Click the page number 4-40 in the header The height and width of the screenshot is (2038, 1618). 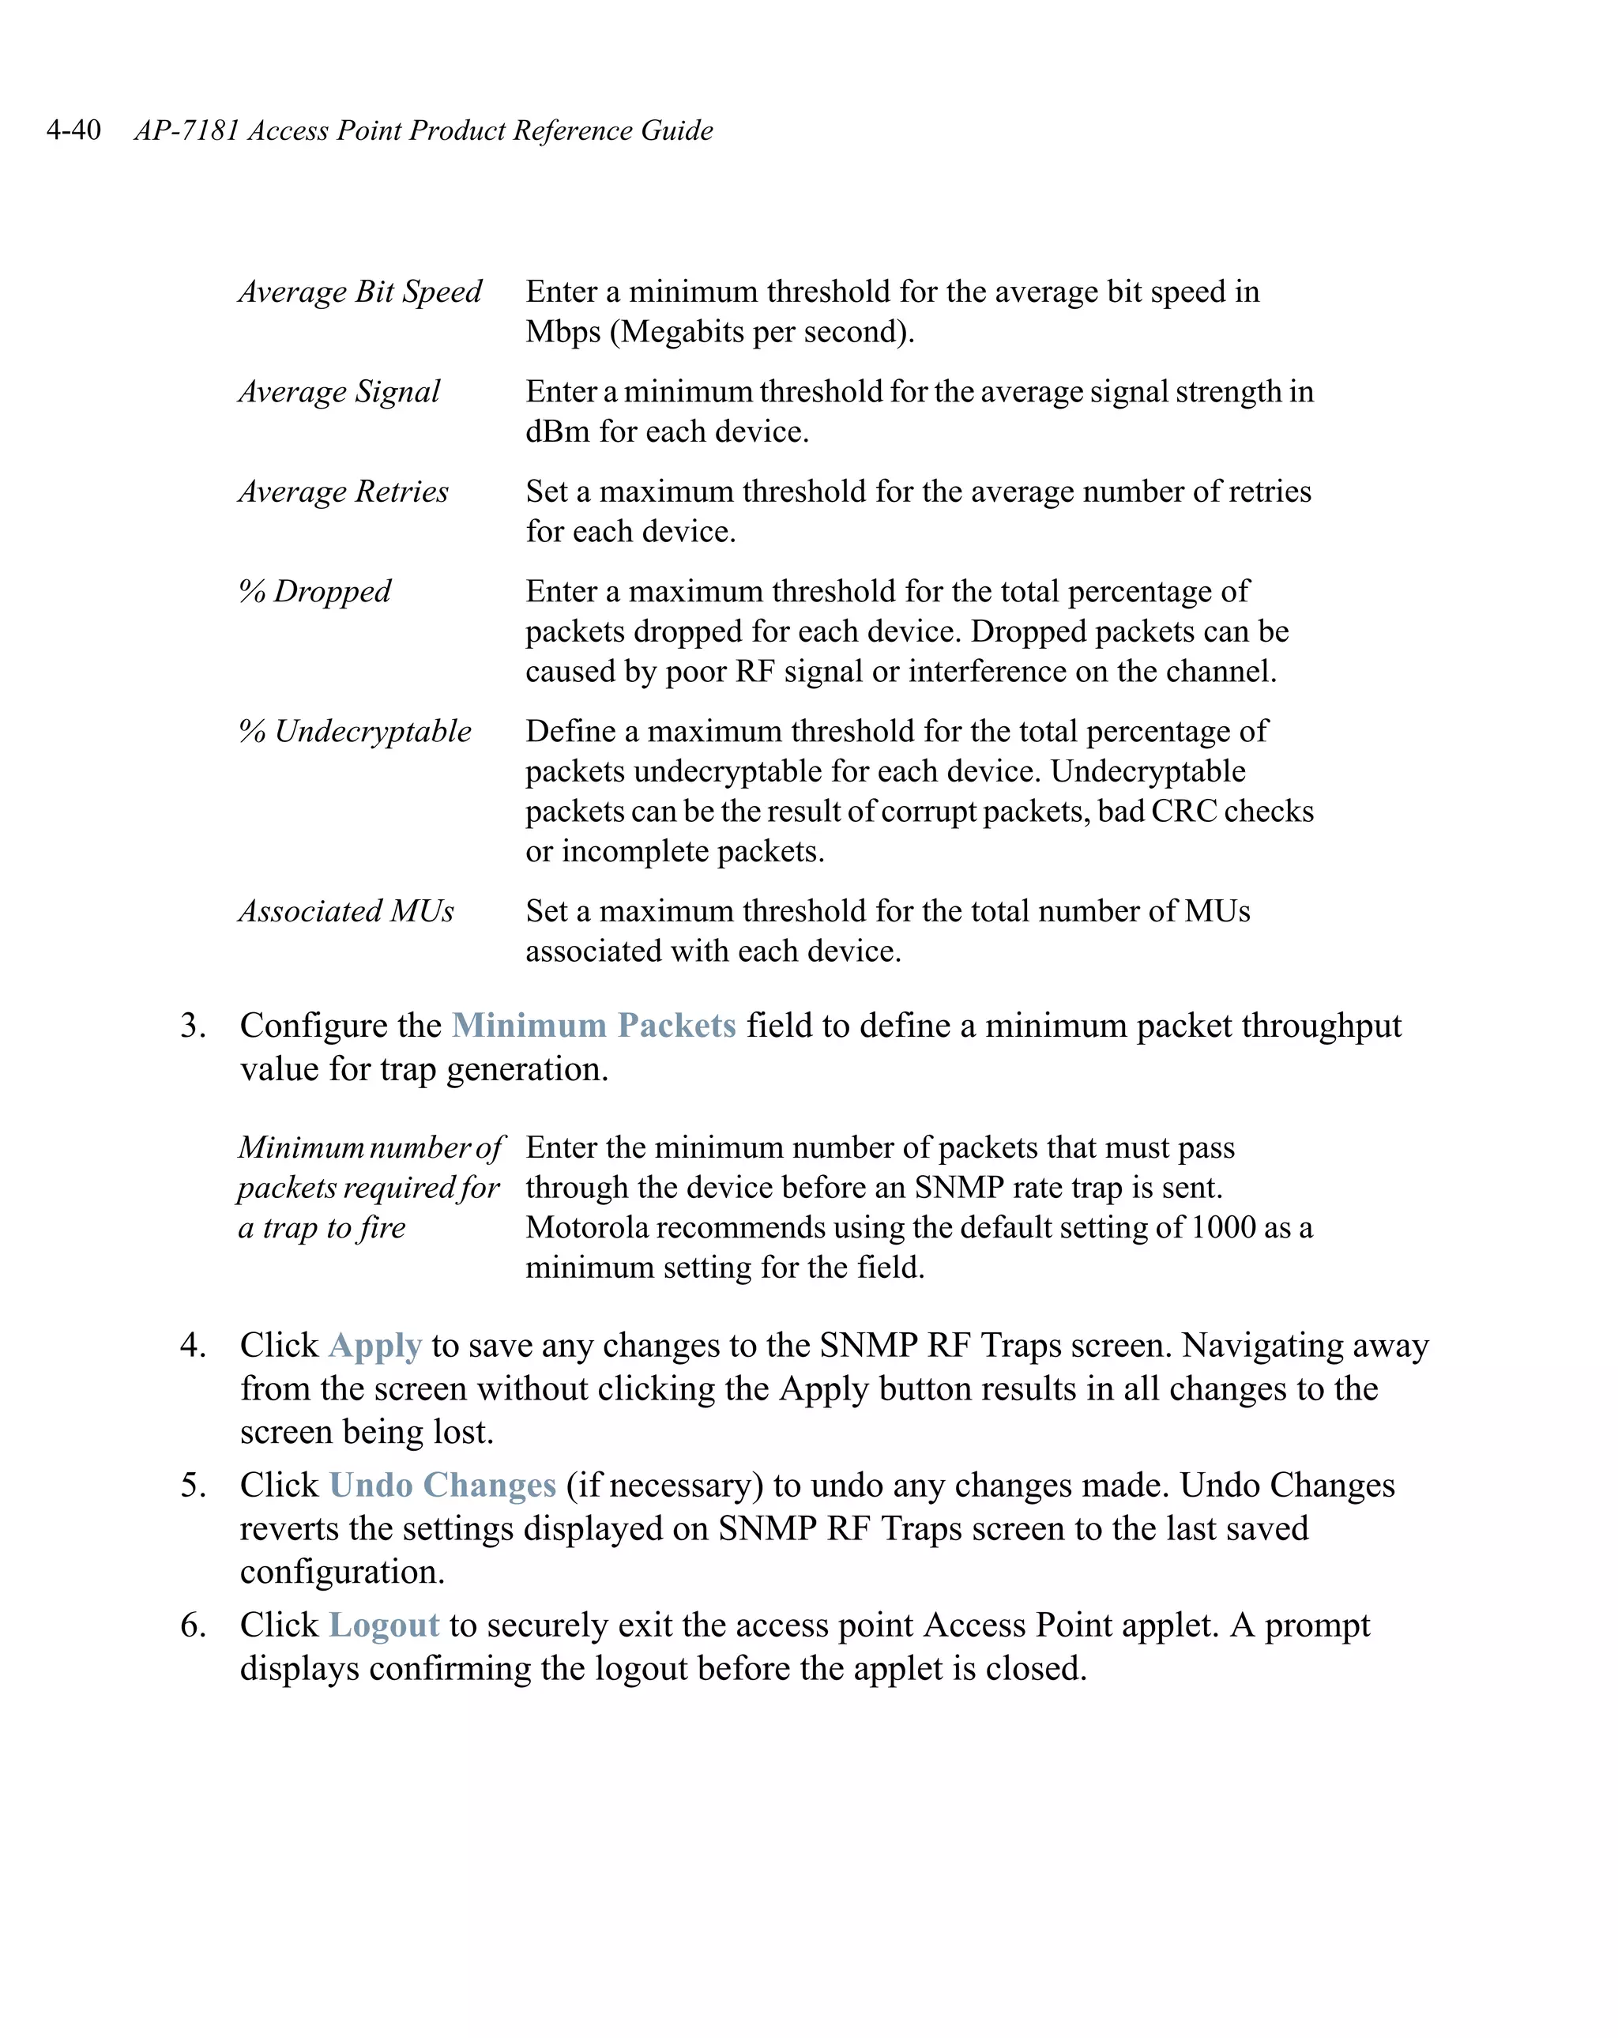pos(73,130)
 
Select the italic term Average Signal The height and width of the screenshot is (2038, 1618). pos(339,392)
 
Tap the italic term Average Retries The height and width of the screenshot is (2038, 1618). pos(343,492)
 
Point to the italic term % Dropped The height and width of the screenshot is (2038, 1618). pos(314,592)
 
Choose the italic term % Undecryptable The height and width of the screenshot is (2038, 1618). pos(355,732)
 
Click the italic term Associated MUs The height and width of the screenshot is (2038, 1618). pos(346,911)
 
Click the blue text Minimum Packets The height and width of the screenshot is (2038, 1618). pos(593,1026)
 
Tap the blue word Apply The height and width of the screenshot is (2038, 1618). pos(374,1345)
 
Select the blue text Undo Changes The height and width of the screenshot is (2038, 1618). pos(442,1485)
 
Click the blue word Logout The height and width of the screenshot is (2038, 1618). pos(384,1625)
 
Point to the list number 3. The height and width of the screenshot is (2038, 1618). pos(193,1026)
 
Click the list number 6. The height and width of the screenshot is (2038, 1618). pos(193,1625)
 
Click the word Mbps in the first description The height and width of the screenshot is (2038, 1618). pos(563,333)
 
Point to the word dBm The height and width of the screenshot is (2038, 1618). pos(557,432)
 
